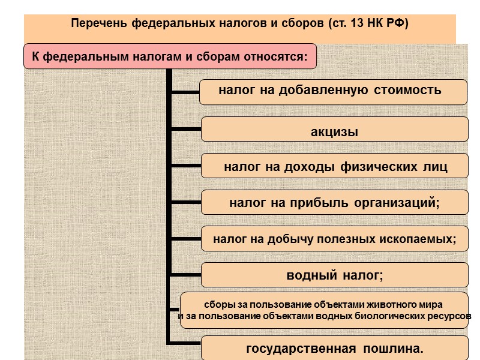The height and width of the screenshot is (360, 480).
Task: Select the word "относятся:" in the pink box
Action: [x=277, y=58]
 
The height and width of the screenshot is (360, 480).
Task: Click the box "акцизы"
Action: [x=334, y=131]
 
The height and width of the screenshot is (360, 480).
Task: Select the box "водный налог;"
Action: [x=334, y=275]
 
